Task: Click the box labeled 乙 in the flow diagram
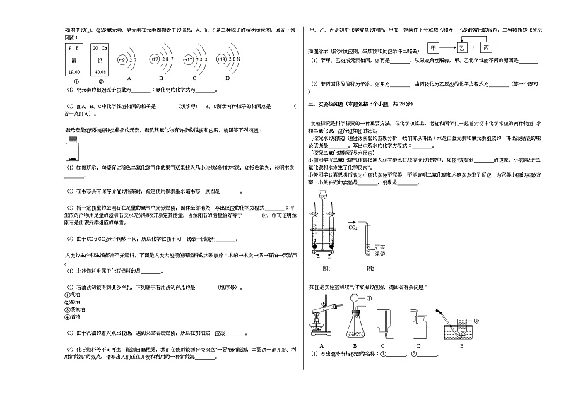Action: tap(462, 48)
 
